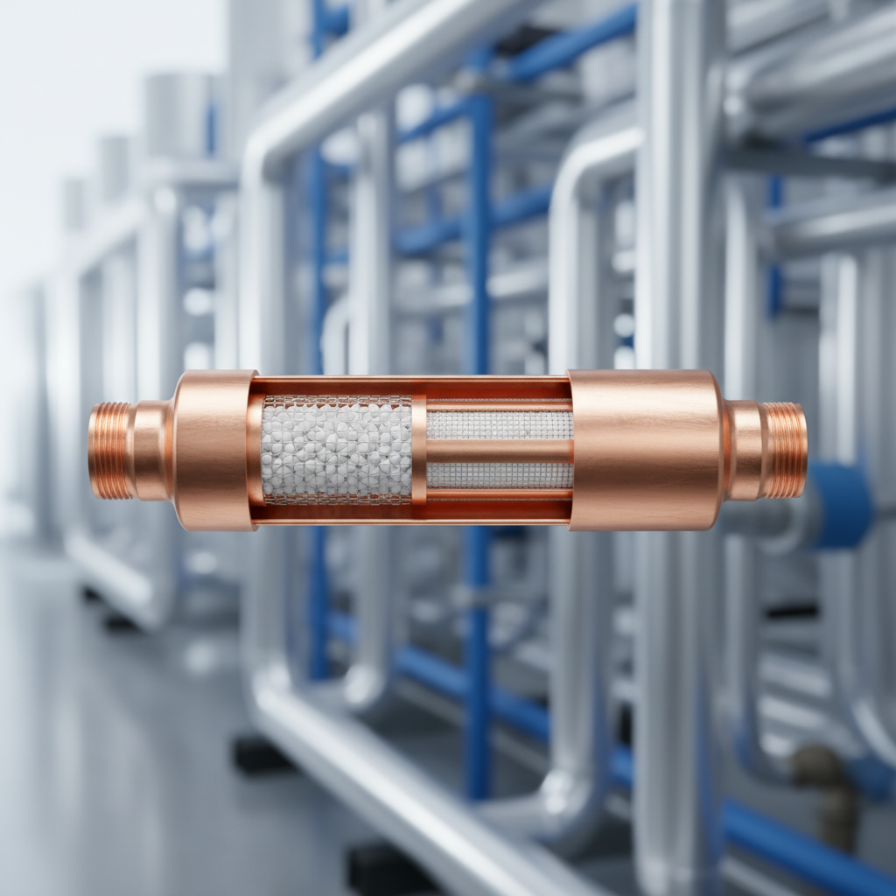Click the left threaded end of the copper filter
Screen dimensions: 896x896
110,451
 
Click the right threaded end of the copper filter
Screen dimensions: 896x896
785,451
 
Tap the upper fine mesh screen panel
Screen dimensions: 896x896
500,425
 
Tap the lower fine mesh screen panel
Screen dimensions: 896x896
500,475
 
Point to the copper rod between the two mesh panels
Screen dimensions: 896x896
500,451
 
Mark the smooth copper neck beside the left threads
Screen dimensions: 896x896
150,451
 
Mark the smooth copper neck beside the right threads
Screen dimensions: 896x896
744,451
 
